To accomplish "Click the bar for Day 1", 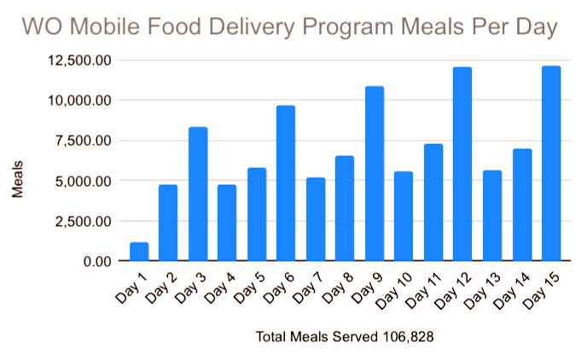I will [139, 252].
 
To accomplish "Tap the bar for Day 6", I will [286, 183].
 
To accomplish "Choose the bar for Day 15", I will [551, 163].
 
